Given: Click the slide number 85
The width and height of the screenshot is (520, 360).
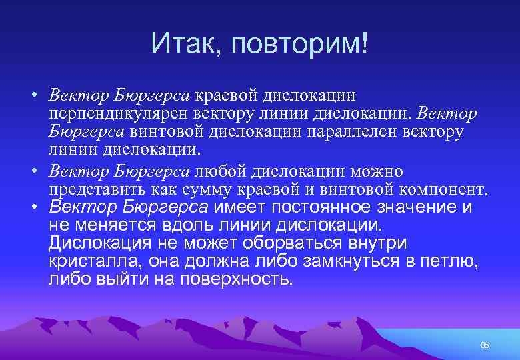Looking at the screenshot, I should point(485,345).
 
